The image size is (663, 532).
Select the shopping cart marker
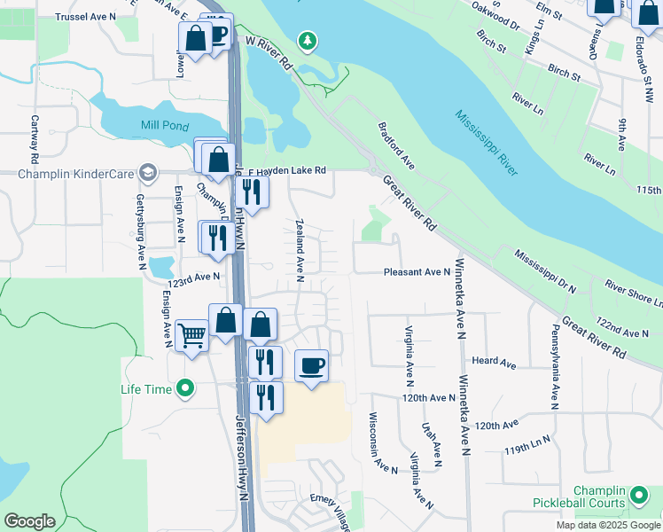point(192,336)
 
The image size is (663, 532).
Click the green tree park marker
point(308,41)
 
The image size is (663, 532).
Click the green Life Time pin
point(185,387)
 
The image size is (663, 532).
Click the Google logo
point(29,521)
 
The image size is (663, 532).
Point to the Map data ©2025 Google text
point(607,525)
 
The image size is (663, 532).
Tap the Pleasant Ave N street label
point(417,272)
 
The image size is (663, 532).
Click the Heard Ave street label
point(494,362)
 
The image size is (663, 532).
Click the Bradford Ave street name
point(396,146)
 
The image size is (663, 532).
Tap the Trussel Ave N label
point(85,17)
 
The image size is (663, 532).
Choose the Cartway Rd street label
point(35,139)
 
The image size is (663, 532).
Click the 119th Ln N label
point(527,443)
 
